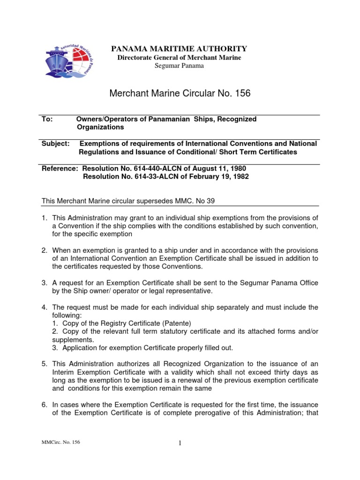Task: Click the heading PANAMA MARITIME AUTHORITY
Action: [x=179, y=49]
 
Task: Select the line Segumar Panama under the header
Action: [x=179, y=66]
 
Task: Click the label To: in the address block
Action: [x=47, y=120]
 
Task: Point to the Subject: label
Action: [x=56, y=144]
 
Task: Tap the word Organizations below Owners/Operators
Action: [x=100, y=127]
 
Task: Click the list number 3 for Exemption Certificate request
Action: [x=45, y=283]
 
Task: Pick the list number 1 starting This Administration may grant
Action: [x=45, y=217]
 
